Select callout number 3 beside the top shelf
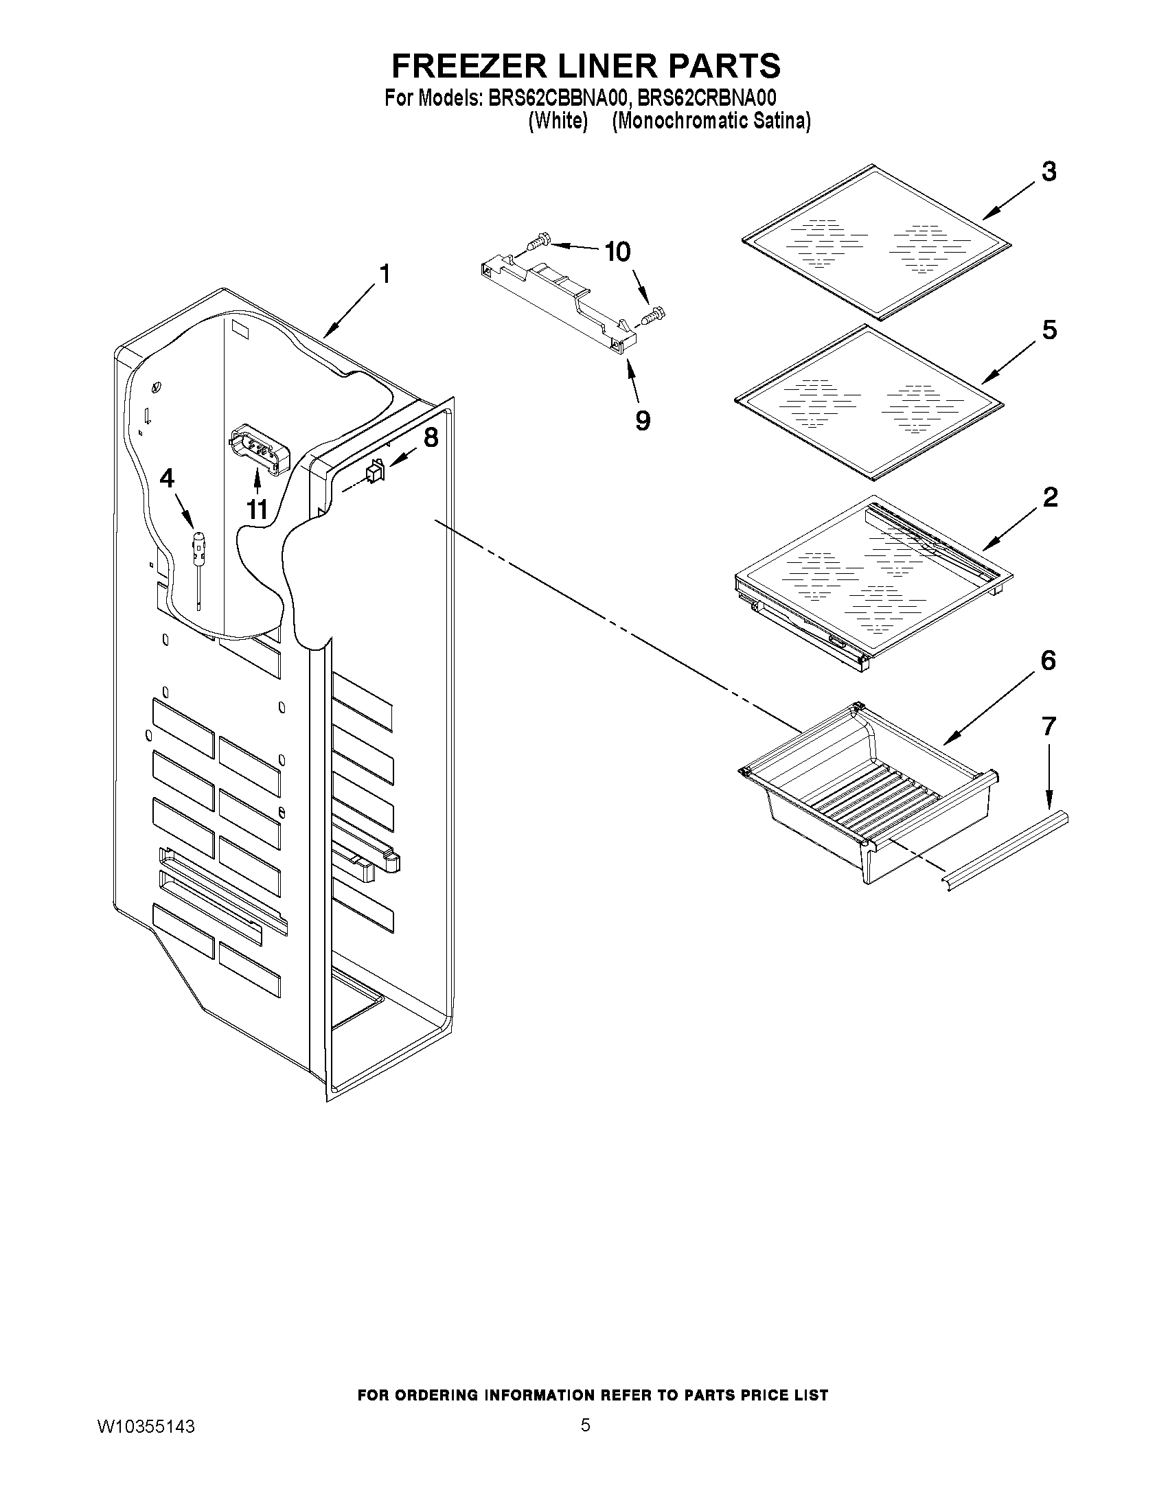pos(1049,172)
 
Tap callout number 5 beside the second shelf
pos(1049,331)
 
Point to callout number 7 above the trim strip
pos(1049,726)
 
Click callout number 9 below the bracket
pos(643,420)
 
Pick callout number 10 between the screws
pos(617,252)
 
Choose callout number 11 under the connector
pos(257,510)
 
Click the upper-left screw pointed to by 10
pos(538,242)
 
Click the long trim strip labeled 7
pos(1007,851)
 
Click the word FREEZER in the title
pos(470,66)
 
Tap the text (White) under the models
pos(558,121)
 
